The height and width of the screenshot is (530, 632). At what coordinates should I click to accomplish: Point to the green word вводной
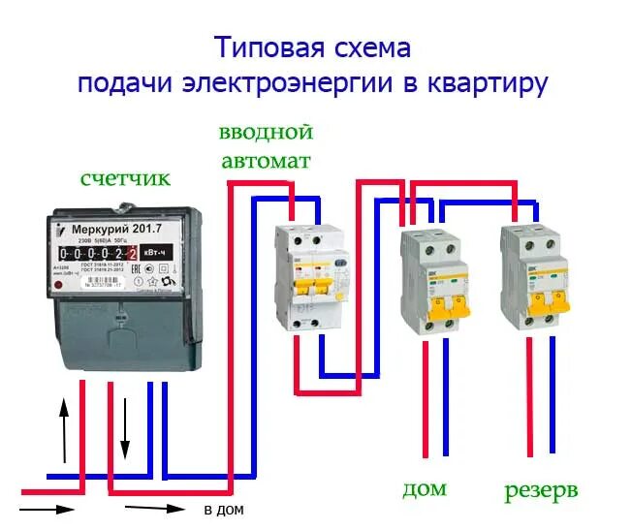coord(266,132)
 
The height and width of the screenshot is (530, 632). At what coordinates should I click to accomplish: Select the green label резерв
coord(541,490)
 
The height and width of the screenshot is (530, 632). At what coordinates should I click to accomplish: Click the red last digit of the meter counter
coord(132,253)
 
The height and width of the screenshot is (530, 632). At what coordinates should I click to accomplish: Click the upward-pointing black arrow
coord(65,426)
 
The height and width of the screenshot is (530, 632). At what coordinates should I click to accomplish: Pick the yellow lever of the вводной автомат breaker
coord(312,288)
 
